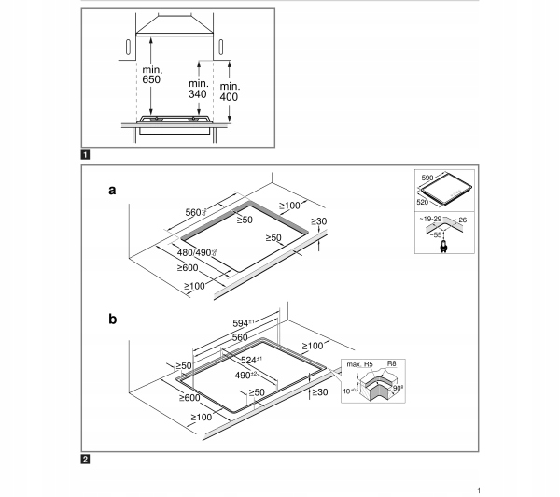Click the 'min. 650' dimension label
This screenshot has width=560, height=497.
point(152,75)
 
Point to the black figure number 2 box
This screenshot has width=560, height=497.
point(86,459)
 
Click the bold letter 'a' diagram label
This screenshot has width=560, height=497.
point(113,191)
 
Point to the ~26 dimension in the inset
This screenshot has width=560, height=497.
point(460,221)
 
